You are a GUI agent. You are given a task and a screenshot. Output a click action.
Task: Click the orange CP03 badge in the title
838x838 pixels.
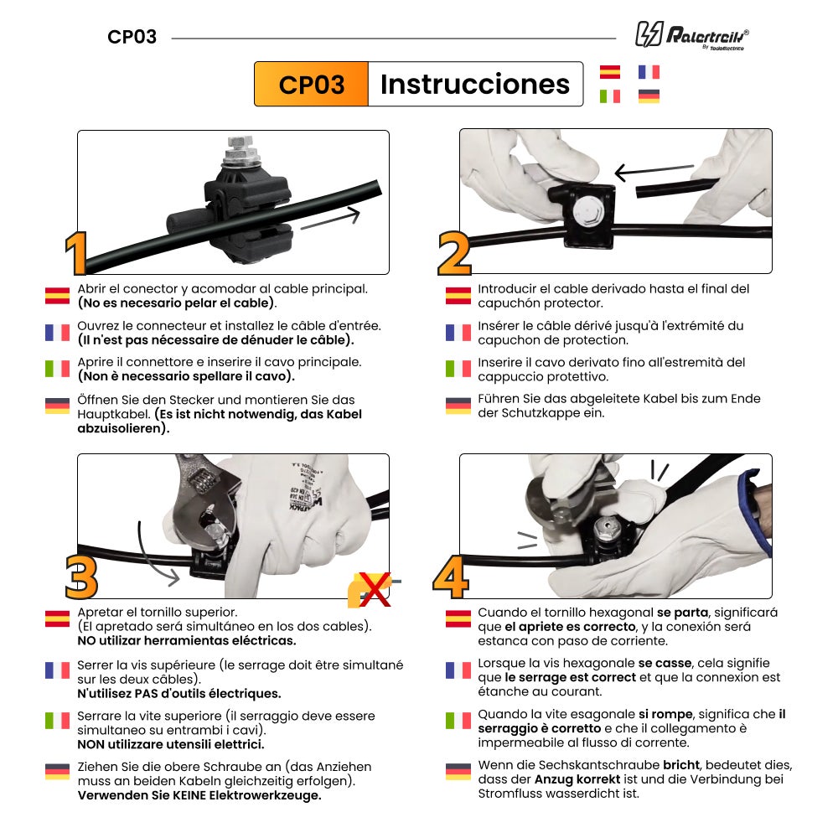tap(311, 85)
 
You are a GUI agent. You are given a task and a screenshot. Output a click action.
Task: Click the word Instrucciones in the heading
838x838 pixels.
tap(474, 85)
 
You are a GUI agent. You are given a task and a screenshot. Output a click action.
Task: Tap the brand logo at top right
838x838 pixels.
tap(691, 35)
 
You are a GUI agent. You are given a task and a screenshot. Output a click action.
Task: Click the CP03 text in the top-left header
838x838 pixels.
tap(132, 38)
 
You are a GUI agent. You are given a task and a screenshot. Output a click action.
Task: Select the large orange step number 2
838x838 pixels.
tap(454, 254)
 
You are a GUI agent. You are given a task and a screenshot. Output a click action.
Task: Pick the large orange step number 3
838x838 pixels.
tap(81, 577)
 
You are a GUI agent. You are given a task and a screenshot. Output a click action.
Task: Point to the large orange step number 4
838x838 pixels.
tap(451, 577)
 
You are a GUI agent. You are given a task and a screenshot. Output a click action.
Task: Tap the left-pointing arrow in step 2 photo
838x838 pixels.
tap(654, 173)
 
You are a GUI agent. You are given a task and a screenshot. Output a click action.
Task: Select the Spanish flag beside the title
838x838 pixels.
tap(610, 72)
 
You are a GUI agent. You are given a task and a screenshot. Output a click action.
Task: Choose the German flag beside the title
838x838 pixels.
tap(649, 96)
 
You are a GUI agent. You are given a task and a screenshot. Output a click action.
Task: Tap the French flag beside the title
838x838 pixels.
tap(649, 72)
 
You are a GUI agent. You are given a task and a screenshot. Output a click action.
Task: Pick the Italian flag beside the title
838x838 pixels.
tap(610, 96)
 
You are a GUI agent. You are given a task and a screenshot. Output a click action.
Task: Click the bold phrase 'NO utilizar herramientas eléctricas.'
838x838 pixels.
tap(186, 641)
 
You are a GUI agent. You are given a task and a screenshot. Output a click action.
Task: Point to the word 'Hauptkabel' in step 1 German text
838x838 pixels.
tap(113, 414)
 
